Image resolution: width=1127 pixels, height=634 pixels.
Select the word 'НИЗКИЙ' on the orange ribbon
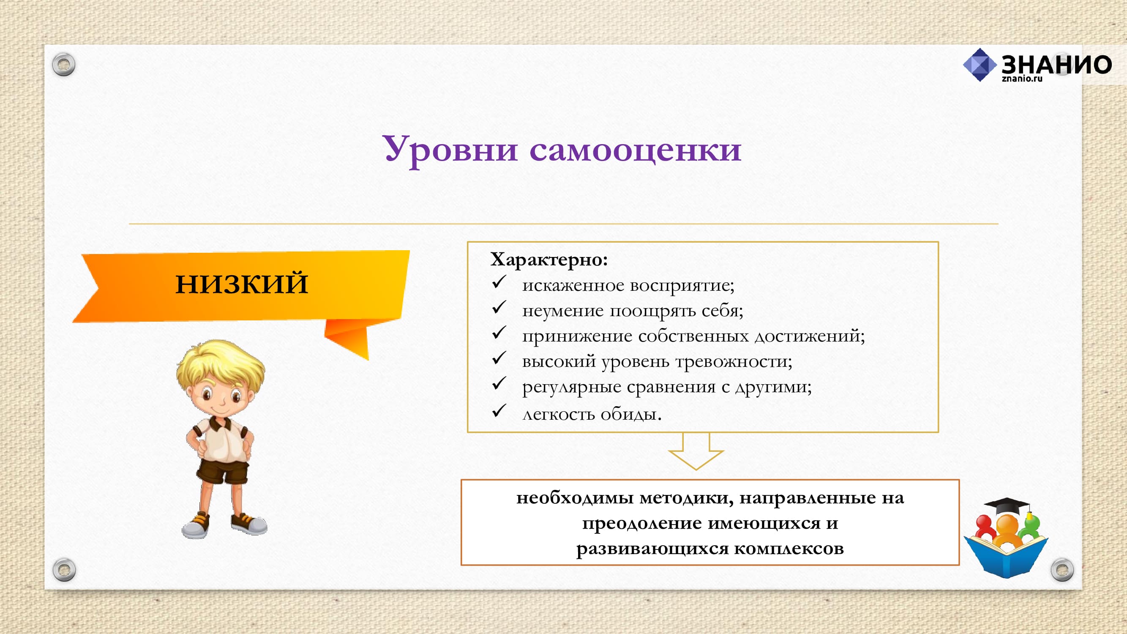click(242, 283)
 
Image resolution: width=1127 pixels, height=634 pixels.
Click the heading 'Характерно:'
click(549, 260)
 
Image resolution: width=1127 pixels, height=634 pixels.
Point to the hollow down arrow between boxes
click(696, 451)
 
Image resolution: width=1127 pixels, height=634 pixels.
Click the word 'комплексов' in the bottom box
click(789, 549)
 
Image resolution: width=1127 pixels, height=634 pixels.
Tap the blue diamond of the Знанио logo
click(980, 65)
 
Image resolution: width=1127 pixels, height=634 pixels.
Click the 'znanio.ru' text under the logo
click(1022, 79)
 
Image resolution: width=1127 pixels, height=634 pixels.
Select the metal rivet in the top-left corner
click(64, 65)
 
